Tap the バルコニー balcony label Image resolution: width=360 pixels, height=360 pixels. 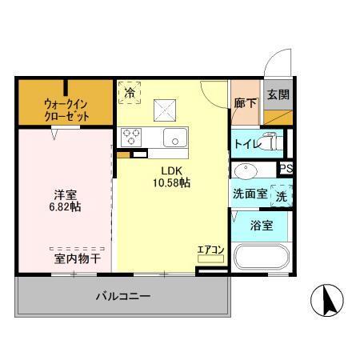(x=123, y=297)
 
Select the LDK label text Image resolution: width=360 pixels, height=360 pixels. (x=172, y=170)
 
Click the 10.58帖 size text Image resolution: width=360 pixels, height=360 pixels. (x=172, y=182)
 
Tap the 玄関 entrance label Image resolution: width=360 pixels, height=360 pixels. (x=278, y=95)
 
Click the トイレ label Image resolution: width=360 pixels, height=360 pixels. (x=246, y=144)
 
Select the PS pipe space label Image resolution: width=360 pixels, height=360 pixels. (x=286, y=168)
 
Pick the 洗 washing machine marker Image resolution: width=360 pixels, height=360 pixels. (x=281, y=194)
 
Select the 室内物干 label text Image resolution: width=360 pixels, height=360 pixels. (x=78, y=258)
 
